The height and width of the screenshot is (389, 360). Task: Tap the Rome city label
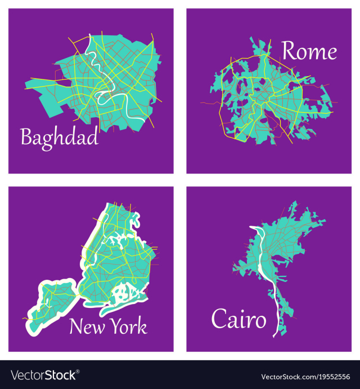pos(309,51)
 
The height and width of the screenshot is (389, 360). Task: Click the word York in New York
pos(127,327)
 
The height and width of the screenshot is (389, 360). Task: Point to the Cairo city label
pos(238,320)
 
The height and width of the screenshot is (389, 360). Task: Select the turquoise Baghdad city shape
pos(56,96)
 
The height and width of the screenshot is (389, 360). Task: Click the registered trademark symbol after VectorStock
pos(78,372)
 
